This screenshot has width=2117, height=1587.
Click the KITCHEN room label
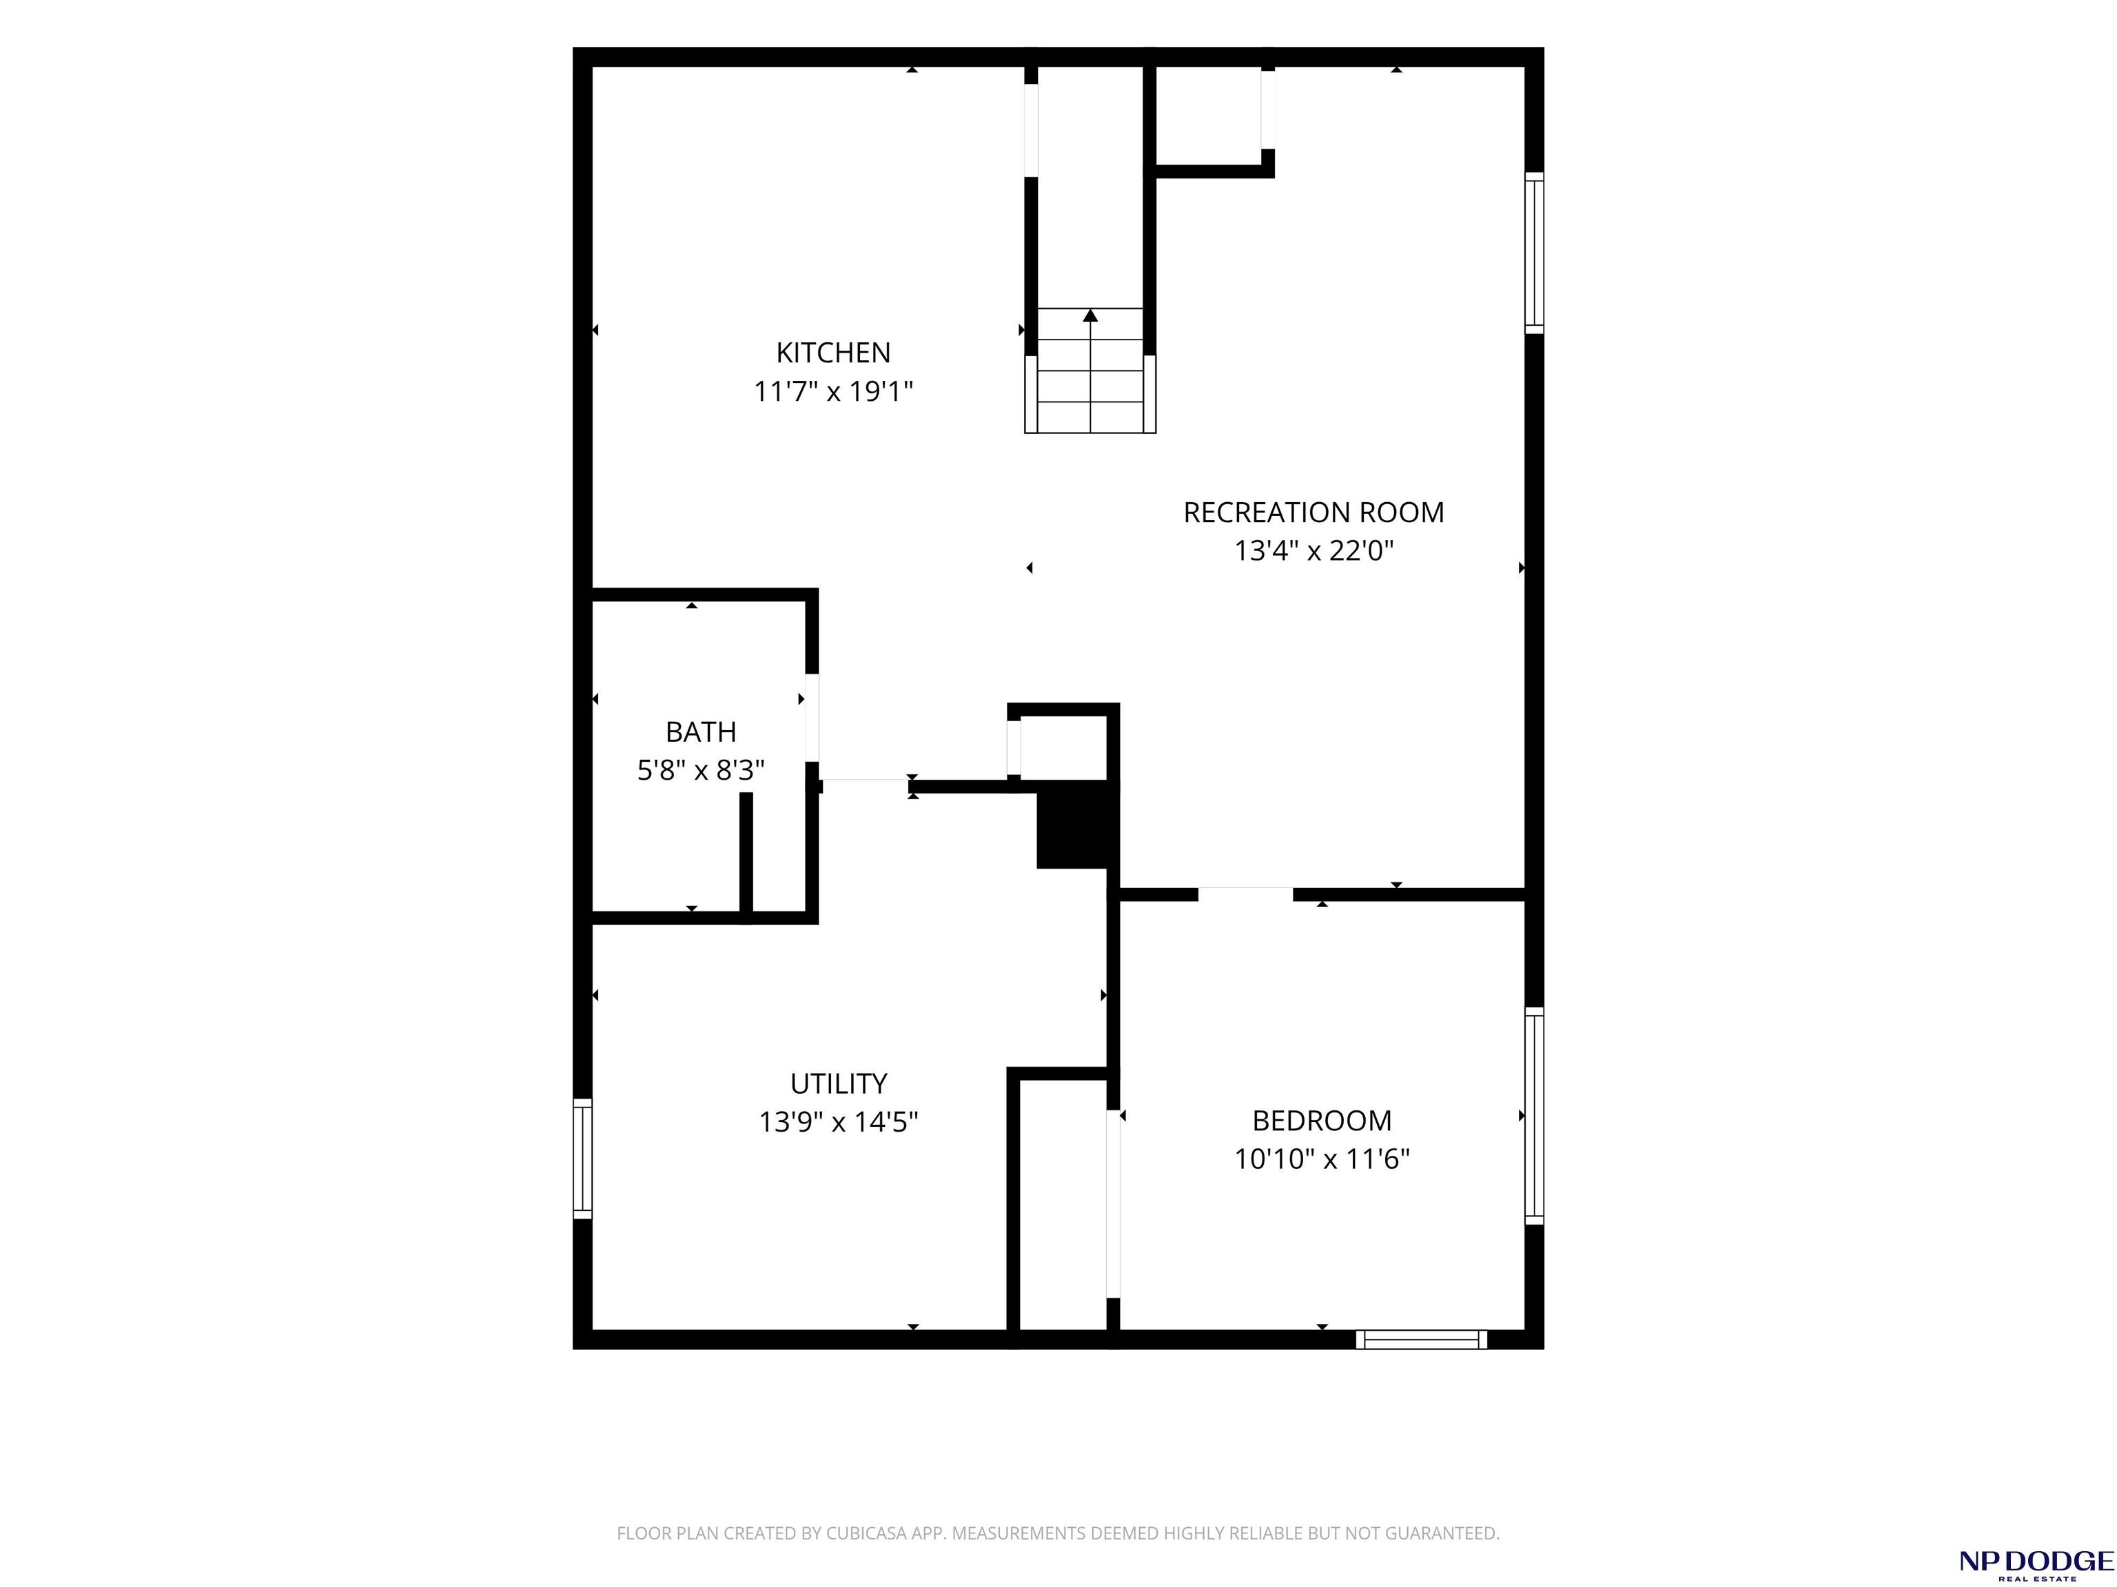point(832,353)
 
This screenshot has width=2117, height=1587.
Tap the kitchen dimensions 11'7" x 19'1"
point(832,391)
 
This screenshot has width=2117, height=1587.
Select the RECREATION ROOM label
point(1313,512)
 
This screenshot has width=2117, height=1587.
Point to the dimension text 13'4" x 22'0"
point(1313,551)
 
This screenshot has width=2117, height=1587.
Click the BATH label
point(701,732)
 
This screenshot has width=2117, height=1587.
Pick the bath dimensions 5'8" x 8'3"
point(701,770)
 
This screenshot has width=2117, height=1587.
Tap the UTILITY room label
point(839,1083)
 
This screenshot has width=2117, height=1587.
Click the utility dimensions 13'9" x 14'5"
point(839,1121)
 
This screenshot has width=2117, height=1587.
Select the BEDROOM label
point(1322,1120)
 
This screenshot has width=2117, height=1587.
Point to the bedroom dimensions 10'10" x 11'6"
point(1322,1159)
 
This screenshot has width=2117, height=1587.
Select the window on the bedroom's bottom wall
point(1421,1339)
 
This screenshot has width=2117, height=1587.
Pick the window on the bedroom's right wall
point(1534,1115)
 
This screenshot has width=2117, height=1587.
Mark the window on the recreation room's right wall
point(1534,253)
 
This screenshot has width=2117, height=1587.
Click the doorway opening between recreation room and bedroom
point(1245,895)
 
